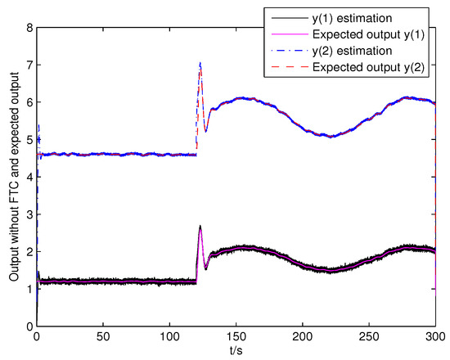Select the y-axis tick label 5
29,139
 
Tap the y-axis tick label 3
29,214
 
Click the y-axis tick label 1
29,289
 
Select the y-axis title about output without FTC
11,177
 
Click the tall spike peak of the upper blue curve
200,63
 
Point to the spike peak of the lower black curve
200,227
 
